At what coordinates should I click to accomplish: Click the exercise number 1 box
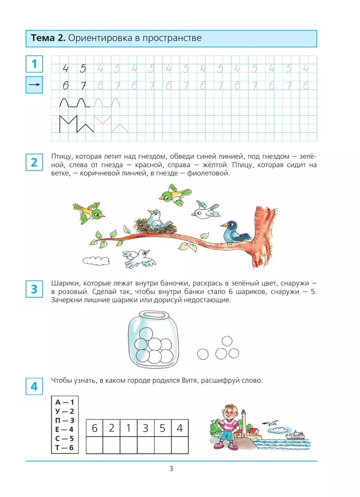tap(34, 64)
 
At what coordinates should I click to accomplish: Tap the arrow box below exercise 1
tap(34, 85)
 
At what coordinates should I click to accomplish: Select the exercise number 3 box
tap(34, 289)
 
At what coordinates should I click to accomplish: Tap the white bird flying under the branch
tap(138, 257)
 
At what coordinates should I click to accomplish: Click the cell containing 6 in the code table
tap(95, 428)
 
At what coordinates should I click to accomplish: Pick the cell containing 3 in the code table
tap(146, 428)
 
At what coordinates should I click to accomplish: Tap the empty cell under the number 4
tap(179, 445)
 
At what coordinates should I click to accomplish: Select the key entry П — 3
tap(64, 420)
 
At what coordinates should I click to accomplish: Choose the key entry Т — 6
tap(64, 447)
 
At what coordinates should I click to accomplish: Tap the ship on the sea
tap(297, 435)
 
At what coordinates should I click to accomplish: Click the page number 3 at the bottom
tap(171, 469)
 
